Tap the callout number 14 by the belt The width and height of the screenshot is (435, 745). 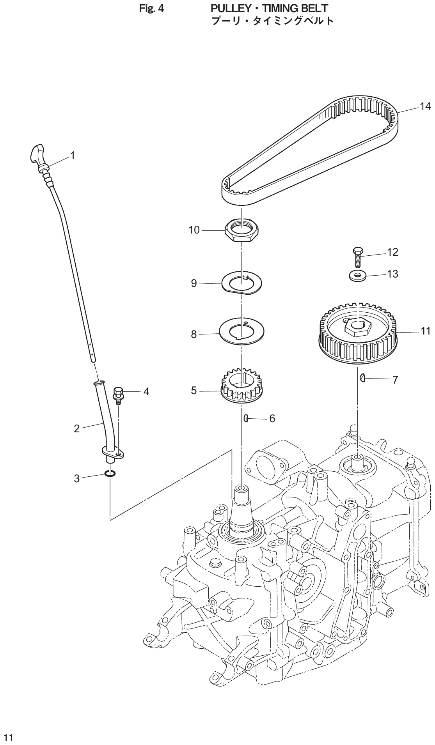pyautogui.click(x=425, y=106)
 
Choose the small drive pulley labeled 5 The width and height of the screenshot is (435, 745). pyautogui.click(x=241, y=390)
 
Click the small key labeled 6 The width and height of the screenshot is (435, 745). pyautogui.click(x=247, y=418)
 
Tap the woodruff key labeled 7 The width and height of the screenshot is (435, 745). pyautogui.click(x=362, y=378)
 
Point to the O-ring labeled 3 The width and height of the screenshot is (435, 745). pyautogui.click(x=110, y=474)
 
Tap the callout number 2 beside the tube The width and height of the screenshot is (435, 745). pyautogui.click(x=77, y=429)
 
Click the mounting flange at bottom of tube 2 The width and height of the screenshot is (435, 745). pyautogui.click(x=114, y=453)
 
